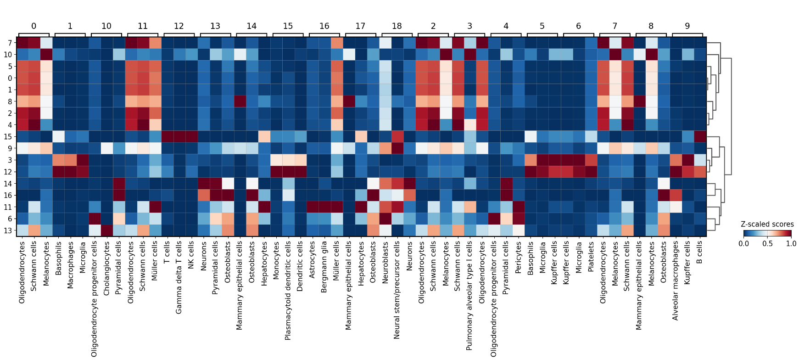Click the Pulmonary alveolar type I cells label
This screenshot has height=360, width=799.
[469, 296]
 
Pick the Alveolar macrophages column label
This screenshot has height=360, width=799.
[675, 281]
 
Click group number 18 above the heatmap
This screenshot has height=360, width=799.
[397, 26]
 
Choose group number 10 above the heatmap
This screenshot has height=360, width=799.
[106, 26]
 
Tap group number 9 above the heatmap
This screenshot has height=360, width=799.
[687, 26]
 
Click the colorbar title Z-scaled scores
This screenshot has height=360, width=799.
[767, 224]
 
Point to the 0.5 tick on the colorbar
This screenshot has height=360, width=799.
[767, 244]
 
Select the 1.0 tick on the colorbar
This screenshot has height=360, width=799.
[791, 244]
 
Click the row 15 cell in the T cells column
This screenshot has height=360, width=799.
[167, 137]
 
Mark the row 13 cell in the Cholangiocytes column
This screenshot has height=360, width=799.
[106, 231]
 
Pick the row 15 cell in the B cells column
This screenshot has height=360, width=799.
[699, 137]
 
